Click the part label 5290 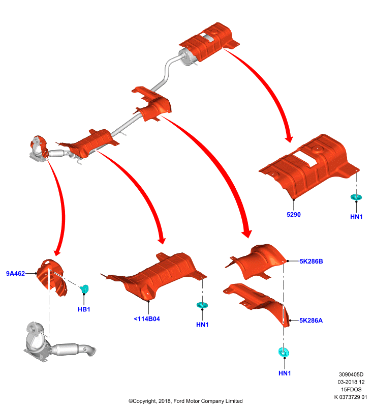point(293,214)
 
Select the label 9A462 point(15,273)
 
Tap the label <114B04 point(147,319)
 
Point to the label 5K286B point(311,261)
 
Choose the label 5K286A point(311,321)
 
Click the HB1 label point(84,309)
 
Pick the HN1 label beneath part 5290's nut point(356,217)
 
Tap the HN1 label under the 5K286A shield point(285,373)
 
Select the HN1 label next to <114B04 point(202,325)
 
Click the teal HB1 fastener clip point(84,288)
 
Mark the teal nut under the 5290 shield point(356,197)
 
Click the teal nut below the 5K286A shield point(284,352)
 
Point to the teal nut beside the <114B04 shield point(202,305)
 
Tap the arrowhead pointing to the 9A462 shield point(57,252)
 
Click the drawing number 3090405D point(351,374)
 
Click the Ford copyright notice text point(185,401)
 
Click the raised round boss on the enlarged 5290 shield point(317,149)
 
